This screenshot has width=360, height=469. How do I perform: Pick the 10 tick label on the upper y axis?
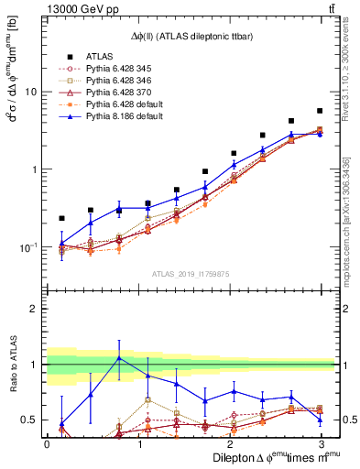(31, 92)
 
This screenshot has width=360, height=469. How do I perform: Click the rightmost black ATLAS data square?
(320, 111)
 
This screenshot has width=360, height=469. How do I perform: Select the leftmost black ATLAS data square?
(61, 218)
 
